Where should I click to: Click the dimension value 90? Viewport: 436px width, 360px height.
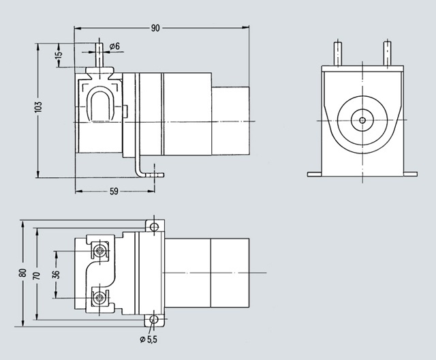155,28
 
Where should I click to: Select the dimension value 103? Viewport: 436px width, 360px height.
39,107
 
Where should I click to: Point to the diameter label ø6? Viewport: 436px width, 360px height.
114,46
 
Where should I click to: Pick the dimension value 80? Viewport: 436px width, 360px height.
22,273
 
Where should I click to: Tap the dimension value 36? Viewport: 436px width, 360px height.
57,274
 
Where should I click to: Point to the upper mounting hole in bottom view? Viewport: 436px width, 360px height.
155,226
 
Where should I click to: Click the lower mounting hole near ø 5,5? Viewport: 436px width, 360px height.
155,319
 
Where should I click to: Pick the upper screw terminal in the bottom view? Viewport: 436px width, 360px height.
101,250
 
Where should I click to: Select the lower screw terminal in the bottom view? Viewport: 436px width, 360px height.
101,297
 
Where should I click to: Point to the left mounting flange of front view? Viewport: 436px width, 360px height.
315,174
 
